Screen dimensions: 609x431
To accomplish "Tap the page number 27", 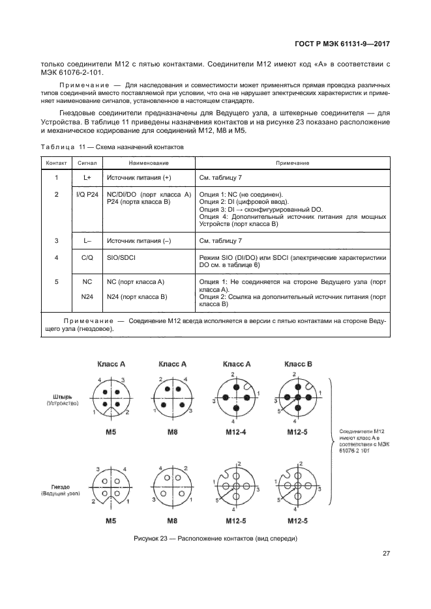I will [x=386, y=554].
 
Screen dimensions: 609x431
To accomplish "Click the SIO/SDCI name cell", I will [x=122, y=257].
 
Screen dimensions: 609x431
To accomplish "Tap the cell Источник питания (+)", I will [x=138, y=177].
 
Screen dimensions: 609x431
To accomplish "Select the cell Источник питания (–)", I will [x=138, y=241].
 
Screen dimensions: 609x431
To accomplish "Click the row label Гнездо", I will [x=64, y=485].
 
